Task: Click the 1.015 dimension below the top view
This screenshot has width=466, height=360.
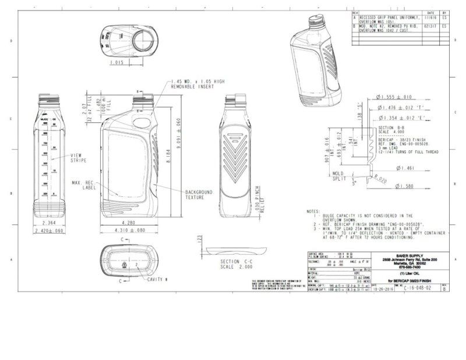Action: pos(116,62)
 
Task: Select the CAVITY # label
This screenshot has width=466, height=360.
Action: pos(157,280)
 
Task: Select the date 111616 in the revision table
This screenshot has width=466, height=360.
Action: pos(431,17)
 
